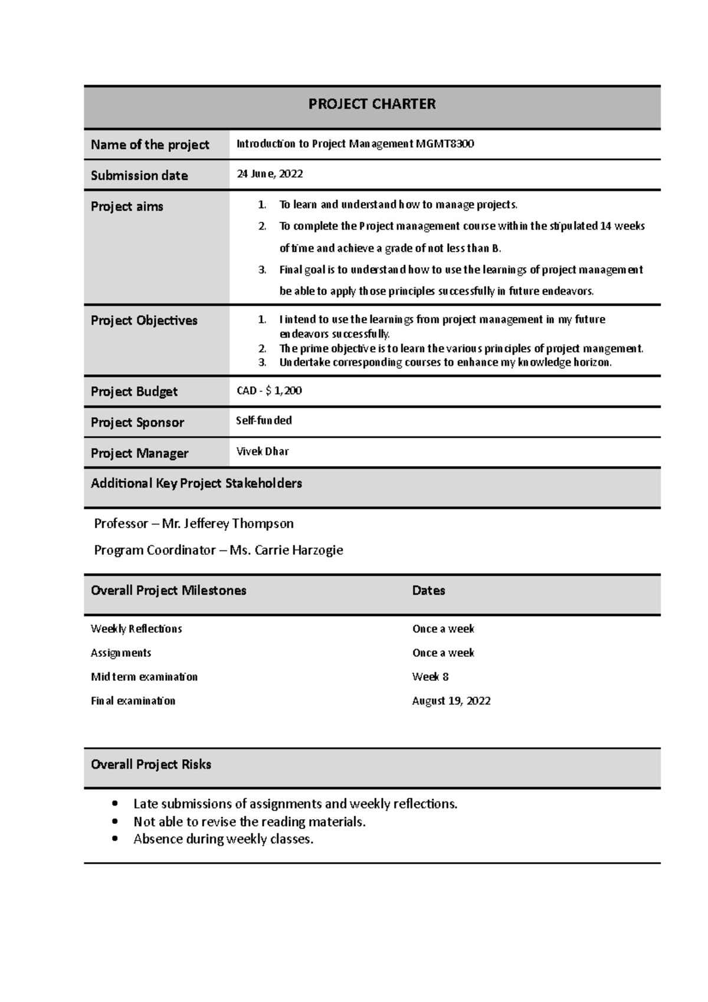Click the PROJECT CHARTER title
pos(372,104)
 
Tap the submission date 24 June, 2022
pos(270,174)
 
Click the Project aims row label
pos(127,207)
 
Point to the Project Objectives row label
pos(144,320)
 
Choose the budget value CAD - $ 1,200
pos(269,391)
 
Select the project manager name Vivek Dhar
pos(263,452)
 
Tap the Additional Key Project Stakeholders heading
pos(196,483)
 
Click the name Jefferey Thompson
pos(238,523)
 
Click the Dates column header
pos(428,591)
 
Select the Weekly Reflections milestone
pos(136,629)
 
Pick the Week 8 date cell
pos(430,677)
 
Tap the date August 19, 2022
pos(451,701)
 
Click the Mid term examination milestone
pos(144,677)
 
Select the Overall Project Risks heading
pos(151,765)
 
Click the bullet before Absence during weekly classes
pos(114,839)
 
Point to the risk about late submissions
pos(295,804)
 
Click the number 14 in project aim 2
pos(605,226)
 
